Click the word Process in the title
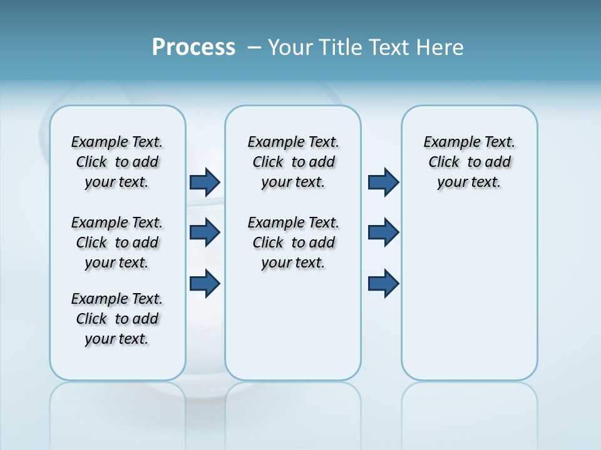coord(193,47)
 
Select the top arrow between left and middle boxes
coord(205,182)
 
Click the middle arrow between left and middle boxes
coord(205,232)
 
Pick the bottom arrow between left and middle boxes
coord(205,284)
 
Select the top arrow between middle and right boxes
coord(383,182)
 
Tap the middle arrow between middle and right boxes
coord(383,232)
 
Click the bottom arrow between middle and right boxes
coord(383,284)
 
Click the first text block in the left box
coord(117,162)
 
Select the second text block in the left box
coord(117,242)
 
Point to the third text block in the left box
coord(117,319)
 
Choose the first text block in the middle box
coord(293,162)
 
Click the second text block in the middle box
coord(293,242)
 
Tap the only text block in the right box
coord(469,162)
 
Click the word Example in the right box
coord(449,142)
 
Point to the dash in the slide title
coord(254,47)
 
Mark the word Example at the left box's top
coord(97,142)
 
